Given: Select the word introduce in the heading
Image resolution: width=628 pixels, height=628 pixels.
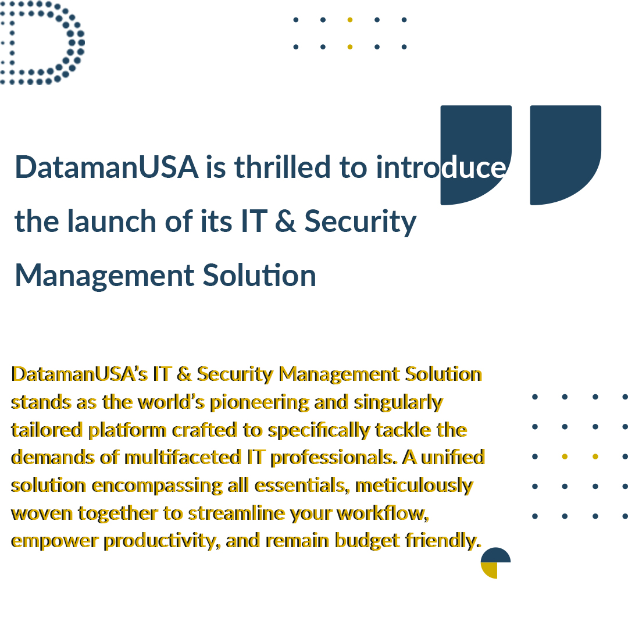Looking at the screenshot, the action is (x=441, y=167).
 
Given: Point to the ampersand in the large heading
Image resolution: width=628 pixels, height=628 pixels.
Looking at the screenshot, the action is (x=286, y=222).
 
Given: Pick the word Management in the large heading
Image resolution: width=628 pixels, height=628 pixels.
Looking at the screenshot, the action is (x=105, y=276).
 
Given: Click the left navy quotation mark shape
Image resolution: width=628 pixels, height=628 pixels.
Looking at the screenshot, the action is (x=476, y=155).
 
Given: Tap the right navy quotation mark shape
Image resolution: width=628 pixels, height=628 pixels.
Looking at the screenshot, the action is (x=566, y=155).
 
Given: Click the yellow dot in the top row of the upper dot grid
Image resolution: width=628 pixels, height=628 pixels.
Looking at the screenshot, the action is (x=350, y=20).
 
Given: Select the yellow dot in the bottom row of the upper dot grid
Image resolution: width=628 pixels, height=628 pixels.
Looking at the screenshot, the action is (x=350, y=47).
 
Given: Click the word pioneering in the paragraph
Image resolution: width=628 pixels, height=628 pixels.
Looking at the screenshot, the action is (x=259, y=403).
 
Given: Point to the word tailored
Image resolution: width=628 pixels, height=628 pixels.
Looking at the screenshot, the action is (x=47, y=430).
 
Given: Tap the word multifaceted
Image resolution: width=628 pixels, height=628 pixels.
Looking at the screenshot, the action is (x=183, y=458).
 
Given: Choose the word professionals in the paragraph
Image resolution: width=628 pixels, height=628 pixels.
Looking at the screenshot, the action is (x=334, y=458).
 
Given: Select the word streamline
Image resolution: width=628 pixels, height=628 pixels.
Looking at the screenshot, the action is (x=236, y=513).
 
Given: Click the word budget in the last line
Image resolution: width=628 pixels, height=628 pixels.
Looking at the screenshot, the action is (x=367, y=541).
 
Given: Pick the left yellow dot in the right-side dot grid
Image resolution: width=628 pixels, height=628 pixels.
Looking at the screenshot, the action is (x=565, y=456).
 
